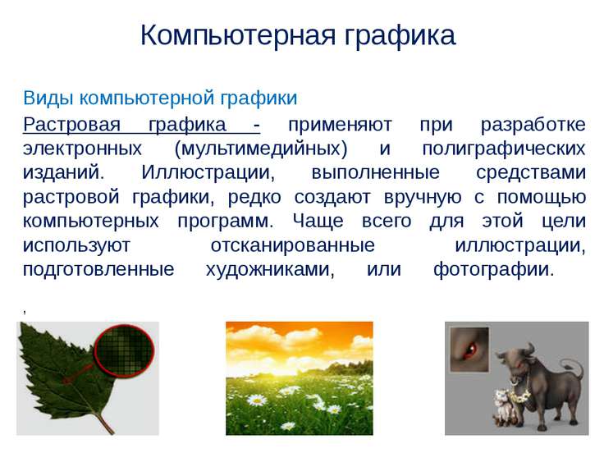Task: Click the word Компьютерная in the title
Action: tap(238, 35)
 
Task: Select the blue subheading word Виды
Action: tap(48, 98)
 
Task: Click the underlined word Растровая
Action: tap(71, 125)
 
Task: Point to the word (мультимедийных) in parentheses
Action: tap(261, 149)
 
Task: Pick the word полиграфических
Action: tap(504, 149)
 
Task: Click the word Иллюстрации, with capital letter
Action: tap(208, 172)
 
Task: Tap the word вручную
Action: tap(423, 198)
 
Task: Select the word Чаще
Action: tap(318, 222)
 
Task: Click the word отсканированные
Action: tap(293, 245)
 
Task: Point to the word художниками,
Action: tap(270, 270)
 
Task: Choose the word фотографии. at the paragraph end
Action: tap(493, 270)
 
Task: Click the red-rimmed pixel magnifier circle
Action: tap(125, 350)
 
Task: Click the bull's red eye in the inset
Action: tap(471, 349)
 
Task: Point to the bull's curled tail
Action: tap(572, 368)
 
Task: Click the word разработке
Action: tap(533, 125)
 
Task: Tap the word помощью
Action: tap(542, 197)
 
